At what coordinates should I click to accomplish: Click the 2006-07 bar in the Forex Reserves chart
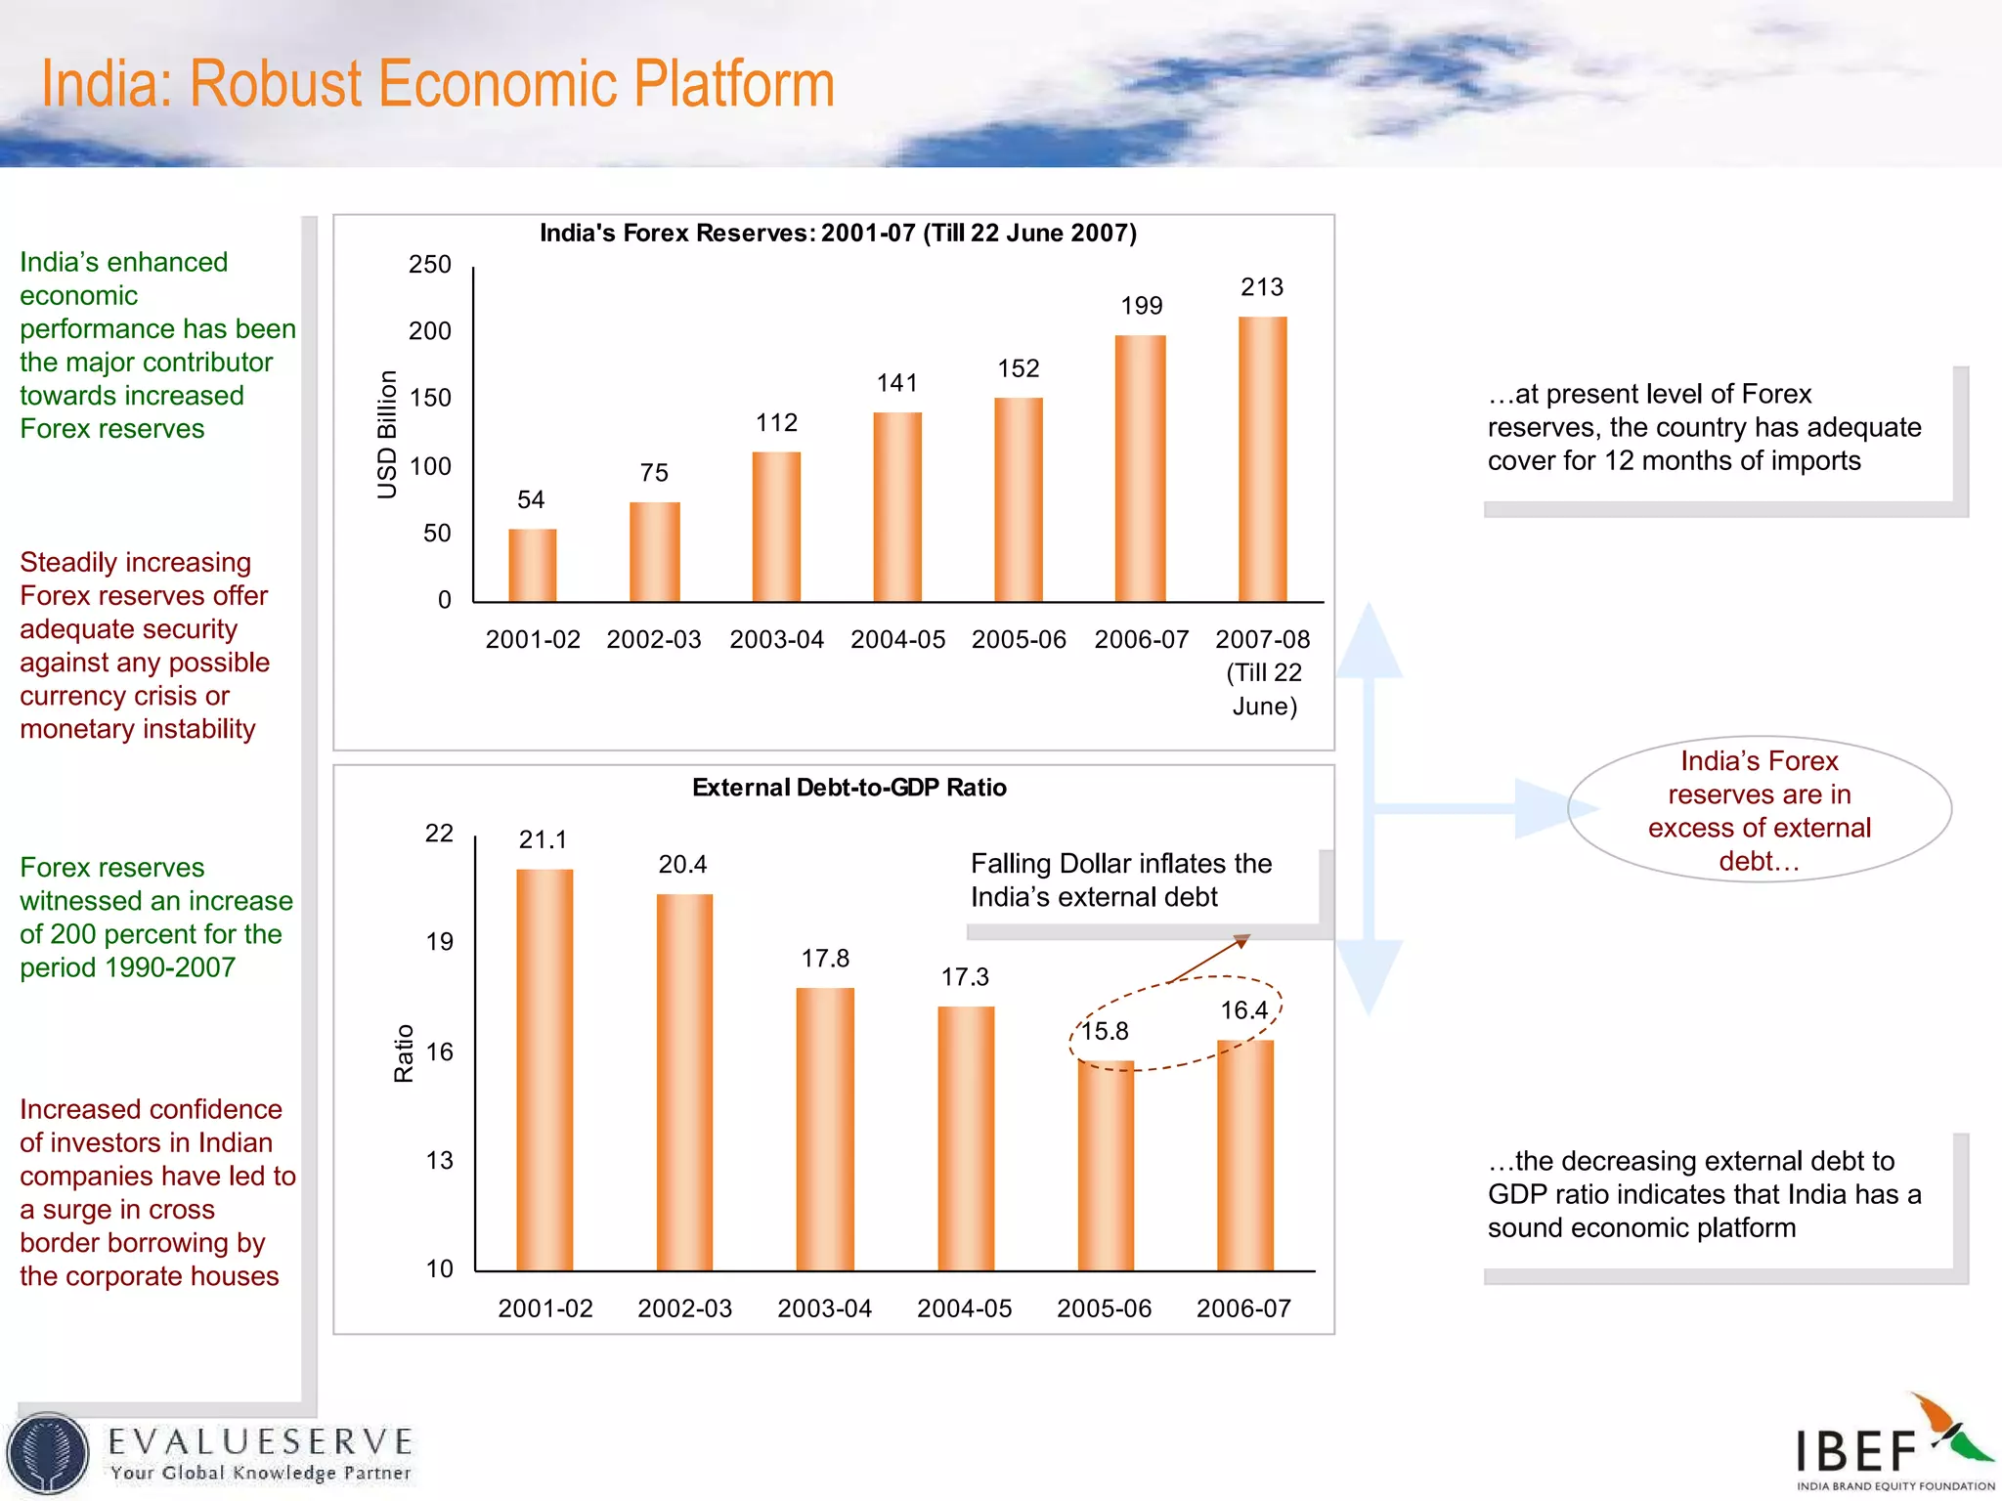1140,469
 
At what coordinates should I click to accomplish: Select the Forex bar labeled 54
533,565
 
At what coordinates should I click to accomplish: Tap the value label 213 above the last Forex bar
1261,287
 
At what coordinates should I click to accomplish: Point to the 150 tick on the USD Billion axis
430,399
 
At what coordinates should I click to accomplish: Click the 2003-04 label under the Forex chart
776,639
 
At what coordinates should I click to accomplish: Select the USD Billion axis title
387,435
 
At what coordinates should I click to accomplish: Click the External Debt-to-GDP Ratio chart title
849,788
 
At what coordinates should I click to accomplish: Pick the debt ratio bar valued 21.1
544,1070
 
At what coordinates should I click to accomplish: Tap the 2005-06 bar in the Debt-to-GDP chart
1106,1165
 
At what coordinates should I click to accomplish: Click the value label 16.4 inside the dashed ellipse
1243,1010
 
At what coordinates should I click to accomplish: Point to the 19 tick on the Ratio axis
439,942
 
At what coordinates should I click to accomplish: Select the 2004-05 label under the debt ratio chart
964,1308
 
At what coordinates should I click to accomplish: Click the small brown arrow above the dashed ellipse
1210,958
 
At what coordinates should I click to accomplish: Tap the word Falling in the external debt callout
1011,864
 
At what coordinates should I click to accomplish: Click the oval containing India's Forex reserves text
1759,809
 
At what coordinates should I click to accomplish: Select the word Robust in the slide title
275,84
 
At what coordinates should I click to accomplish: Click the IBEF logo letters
1855,1450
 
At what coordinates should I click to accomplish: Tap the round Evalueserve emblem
47,1453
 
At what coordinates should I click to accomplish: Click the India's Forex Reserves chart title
838,234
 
